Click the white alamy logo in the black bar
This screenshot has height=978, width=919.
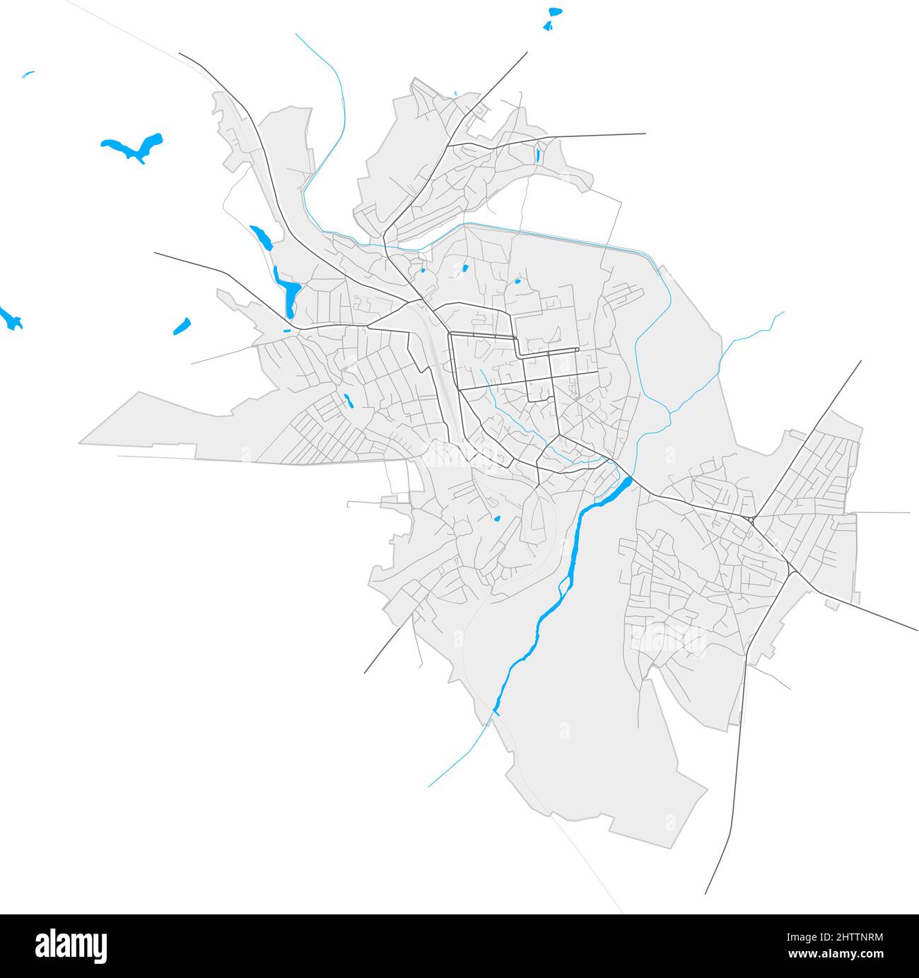coord(71,945)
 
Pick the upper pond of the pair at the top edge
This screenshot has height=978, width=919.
coord(555,12)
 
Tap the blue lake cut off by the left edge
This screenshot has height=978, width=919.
coord(10,318)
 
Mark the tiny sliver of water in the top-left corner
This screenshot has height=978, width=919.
coord(28,73)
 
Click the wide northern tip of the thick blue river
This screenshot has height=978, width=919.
coord(624,484)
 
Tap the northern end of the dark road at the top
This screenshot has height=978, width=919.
coord(527,52)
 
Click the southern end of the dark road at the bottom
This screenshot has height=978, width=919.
coord(706,892)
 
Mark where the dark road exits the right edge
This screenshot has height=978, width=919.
coord(916,629)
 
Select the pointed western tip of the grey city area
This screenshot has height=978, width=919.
coord(80,443)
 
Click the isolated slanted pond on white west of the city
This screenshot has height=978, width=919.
coord(182,326)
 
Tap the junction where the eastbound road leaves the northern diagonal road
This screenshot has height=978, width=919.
coord(448,146)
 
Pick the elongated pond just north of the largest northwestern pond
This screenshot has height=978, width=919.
coord(260,237)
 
